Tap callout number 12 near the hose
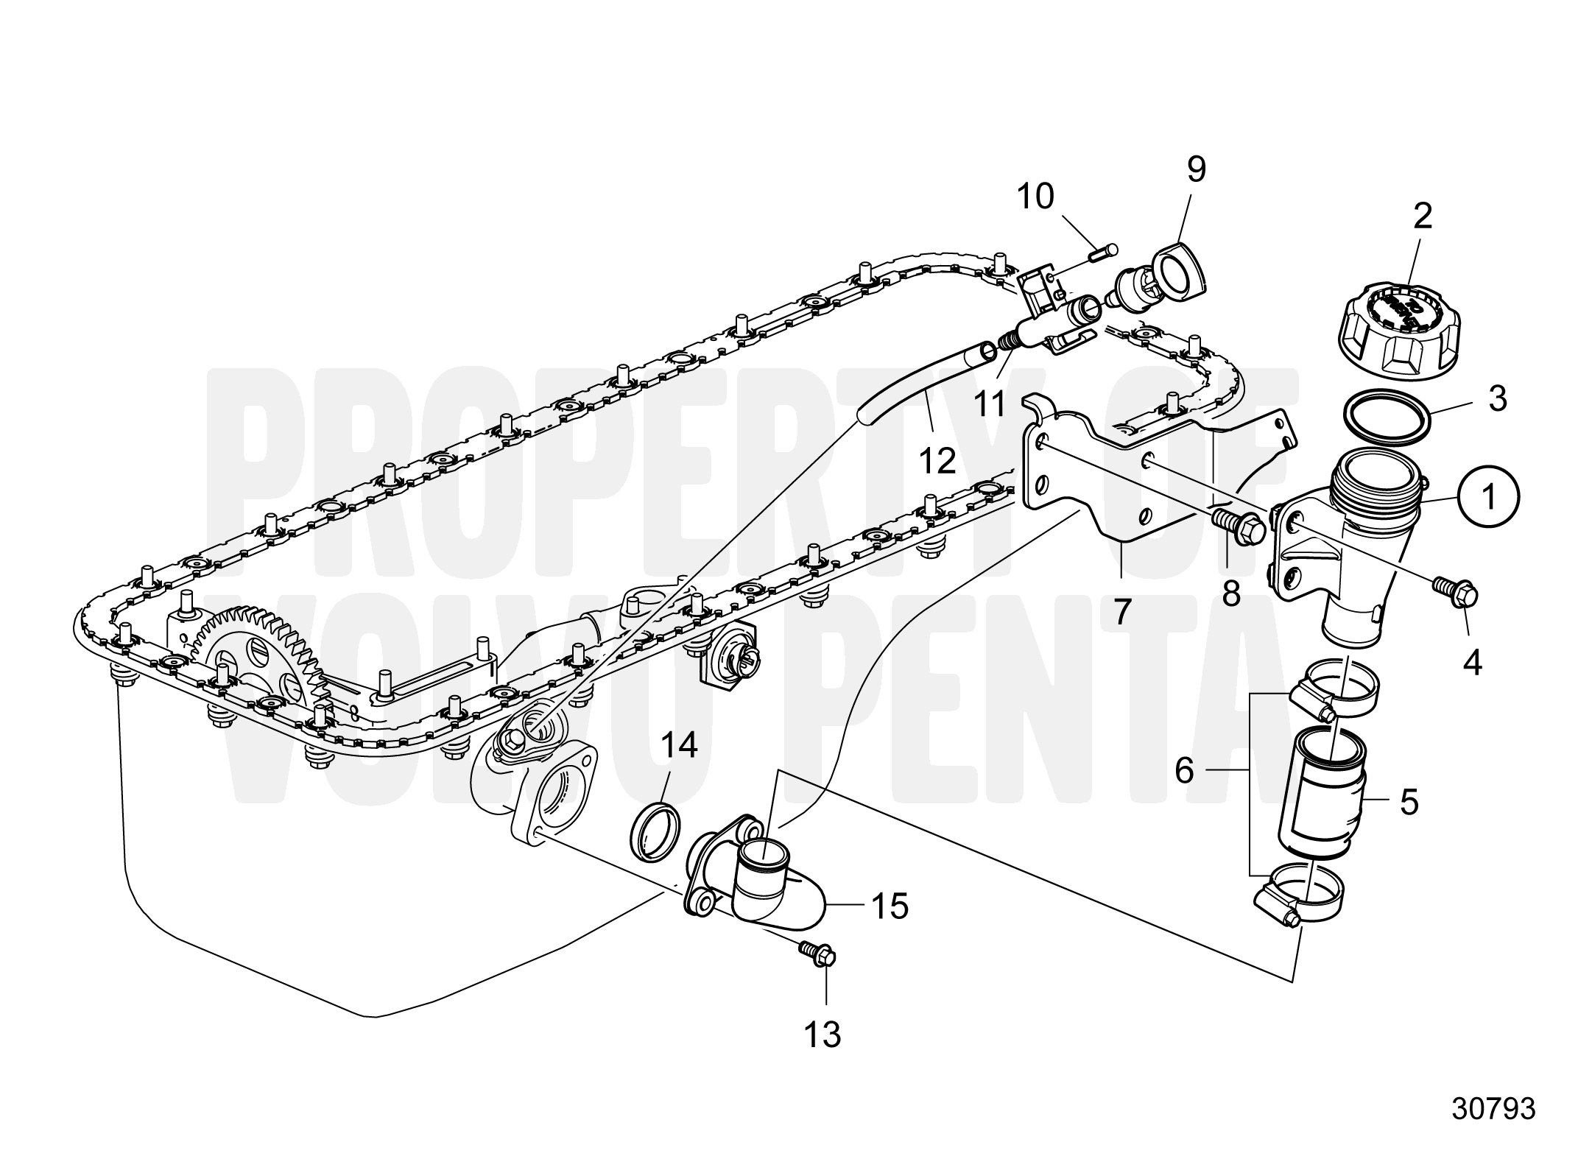click(x=937, y=460)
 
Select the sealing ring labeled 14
click(x=655, y=831)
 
